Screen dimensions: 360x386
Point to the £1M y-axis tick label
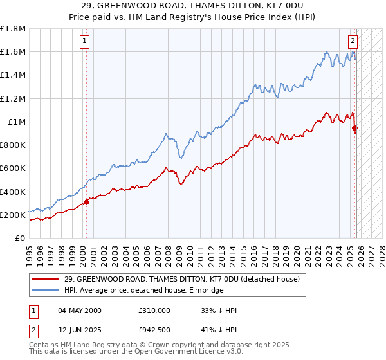[17, 122]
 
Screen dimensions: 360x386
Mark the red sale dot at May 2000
[86, 202]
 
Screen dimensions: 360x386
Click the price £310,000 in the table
[154, 310]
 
